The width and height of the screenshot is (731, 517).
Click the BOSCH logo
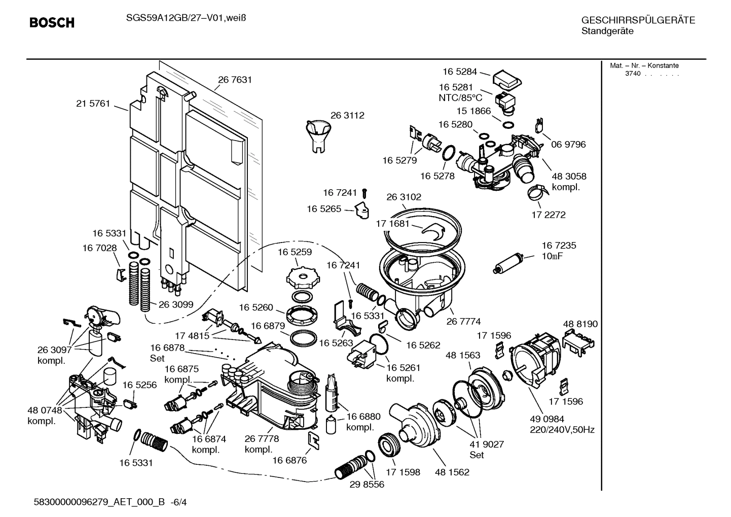pos(52,23)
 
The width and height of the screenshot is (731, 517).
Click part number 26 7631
pos(235,80)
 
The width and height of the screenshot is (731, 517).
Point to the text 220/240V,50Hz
pos(562,430)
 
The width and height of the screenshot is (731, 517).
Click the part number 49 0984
pos(547,419)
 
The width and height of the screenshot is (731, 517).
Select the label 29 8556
pos(367,485)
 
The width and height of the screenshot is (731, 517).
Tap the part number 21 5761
pos(93,104)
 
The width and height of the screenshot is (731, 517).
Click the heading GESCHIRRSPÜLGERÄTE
pos(638,21)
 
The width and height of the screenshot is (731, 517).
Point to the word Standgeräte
pos(607,31)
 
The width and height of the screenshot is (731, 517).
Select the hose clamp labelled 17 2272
pos(536,192)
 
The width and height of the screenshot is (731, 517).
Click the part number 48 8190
pos(580,324)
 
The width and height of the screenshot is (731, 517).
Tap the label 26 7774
pos(463,321)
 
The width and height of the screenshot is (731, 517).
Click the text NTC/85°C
pos(460,98)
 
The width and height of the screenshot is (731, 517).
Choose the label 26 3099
pos(176,304)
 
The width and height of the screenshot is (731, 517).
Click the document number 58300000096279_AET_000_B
pos(99,502)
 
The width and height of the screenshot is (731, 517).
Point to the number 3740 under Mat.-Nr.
pos(632,74)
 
